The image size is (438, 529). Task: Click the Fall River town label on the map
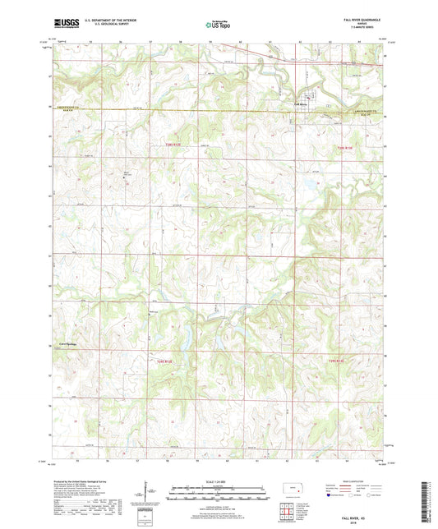pyautogui.click(x=302, y=104)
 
